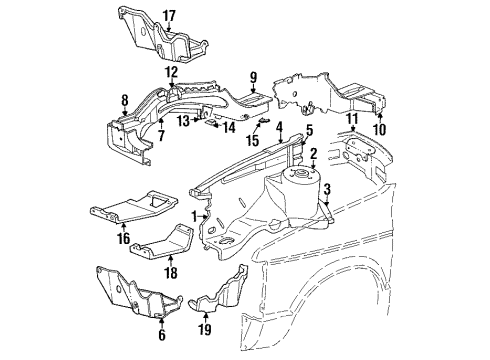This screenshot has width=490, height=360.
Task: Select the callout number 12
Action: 171,72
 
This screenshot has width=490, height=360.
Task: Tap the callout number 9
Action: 253,76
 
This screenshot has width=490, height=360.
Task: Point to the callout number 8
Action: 125,99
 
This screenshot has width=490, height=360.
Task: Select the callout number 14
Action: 229,128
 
